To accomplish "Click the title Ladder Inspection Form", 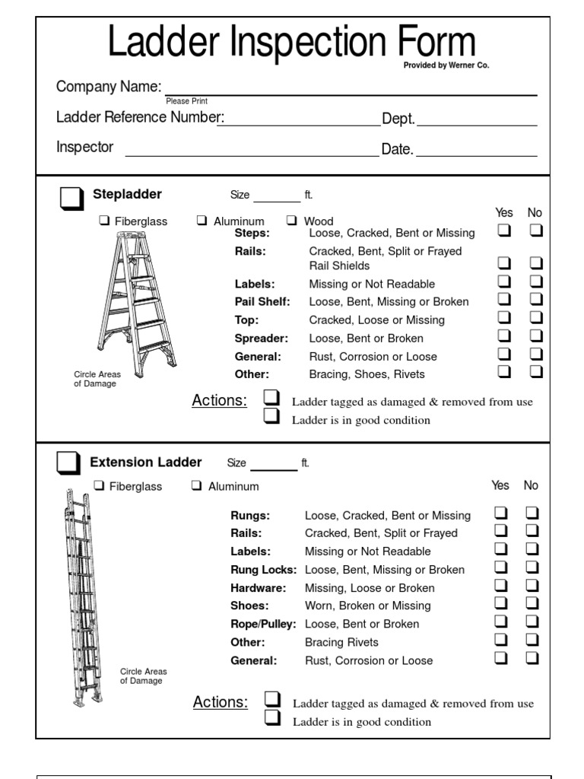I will (x=291, y=43).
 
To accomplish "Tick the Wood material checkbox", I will (x=291, y=221).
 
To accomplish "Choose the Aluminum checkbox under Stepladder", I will (x=202, y=221).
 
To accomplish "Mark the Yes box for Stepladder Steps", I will (x=503, y=231).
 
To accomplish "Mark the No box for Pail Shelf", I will (x=536, y=300).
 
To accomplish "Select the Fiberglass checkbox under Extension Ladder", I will (x=99, y=485).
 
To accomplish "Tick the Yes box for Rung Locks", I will (x=501, y=568).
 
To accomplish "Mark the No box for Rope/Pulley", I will (x=532, y=622).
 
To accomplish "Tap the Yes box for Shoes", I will (x=501, y=604).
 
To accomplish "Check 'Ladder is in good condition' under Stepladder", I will (x=271, y=417).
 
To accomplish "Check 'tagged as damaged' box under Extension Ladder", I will (x=272, y=700).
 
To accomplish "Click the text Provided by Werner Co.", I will (x=446, y=65).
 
